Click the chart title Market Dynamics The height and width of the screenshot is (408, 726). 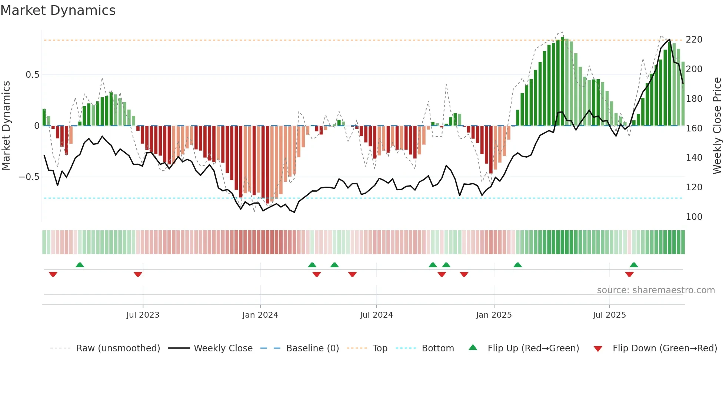[x=58, y=10]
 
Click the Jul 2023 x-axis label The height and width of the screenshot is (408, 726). [x=143, y=315]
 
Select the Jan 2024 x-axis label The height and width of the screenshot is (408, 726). [x=260, y=315]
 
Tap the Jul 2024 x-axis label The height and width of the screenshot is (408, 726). [x=376, y=315]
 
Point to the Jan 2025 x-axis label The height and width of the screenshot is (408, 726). [x=494, y=315]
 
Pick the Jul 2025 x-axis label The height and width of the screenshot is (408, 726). [x=609, y=315]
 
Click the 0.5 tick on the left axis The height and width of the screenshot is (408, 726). [x=32, y=75]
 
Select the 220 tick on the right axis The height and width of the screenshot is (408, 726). [x=694, y=40]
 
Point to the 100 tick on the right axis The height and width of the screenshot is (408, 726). [x=694, y=217]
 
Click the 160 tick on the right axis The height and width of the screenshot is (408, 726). [x=694, y=128]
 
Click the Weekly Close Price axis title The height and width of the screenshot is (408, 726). [x=717, y=126]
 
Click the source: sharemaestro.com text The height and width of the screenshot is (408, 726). [x=656, y=290]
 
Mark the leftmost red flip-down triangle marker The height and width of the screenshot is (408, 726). [x=53, y=274]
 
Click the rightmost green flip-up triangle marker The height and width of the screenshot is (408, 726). [x=634, y=265]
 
